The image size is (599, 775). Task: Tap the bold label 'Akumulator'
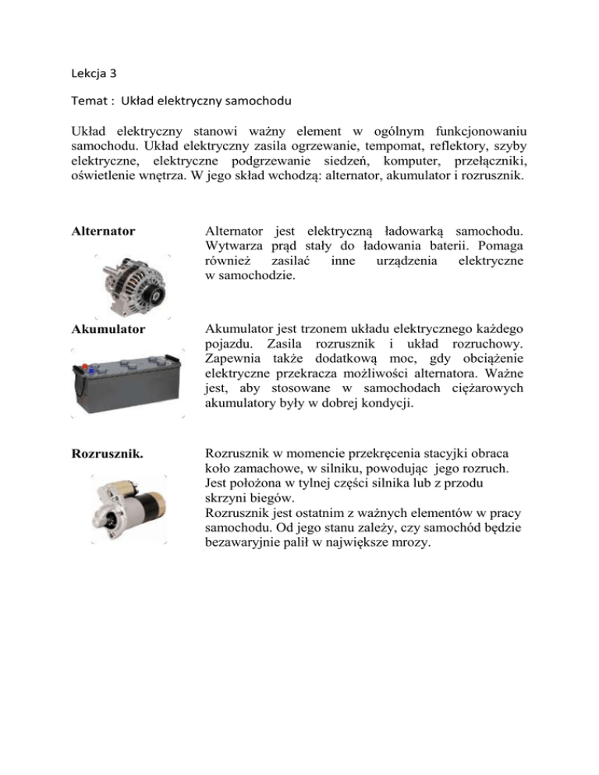click(108, 329)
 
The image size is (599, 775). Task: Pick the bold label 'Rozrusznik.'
click(107, 453)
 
